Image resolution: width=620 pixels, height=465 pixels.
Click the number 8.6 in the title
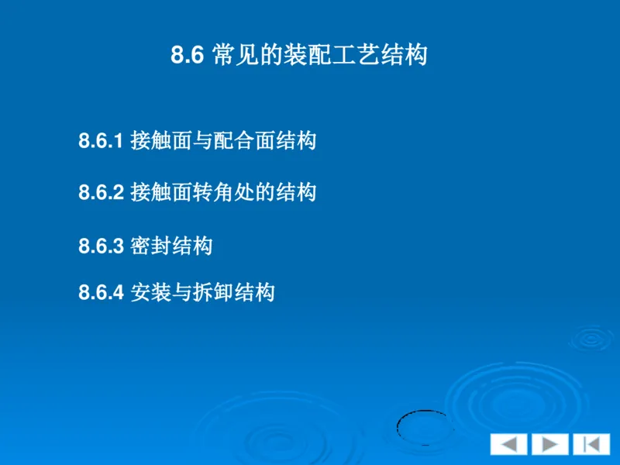click(186, 57)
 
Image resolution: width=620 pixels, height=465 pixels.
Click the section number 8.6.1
click(101, 141)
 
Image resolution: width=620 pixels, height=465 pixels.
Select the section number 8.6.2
click(101, 192)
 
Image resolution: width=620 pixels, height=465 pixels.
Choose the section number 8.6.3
click(101, 246)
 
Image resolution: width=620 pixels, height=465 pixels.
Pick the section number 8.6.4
click(101, 293)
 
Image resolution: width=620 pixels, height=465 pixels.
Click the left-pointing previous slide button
click(508, 444)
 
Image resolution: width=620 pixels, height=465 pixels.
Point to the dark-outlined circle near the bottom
click(422, 425)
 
